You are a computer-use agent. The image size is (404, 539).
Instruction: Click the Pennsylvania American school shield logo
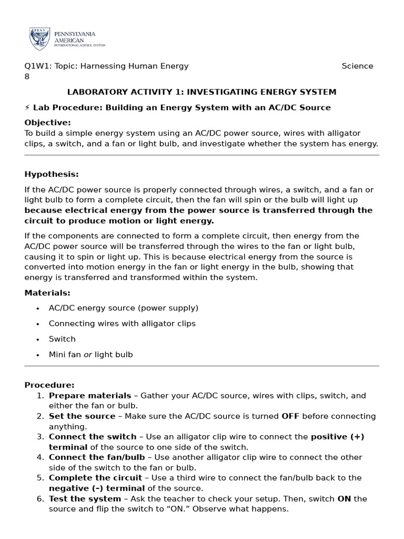point(40,39)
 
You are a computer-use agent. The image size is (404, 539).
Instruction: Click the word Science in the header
point(357,66)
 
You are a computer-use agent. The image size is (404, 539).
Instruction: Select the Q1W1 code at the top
point(36,66)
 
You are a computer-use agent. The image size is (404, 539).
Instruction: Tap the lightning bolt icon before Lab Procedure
point(27,107)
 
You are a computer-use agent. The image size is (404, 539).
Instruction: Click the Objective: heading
point(47,123)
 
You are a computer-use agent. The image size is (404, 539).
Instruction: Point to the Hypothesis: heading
point(52,174)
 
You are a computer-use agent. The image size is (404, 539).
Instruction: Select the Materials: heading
point(47,293)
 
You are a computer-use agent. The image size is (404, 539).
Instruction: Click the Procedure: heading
point(49,385)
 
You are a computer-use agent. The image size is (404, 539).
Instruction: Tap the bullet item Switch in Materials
point(62,339)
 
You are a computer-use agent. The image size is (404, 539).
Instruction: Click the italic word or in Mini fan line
point(88,355)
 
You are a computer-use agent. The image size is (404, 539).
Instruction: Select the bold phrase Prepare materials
point(90,395)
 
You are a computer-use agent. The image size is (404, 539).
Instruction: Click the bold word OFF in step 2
point(290,416)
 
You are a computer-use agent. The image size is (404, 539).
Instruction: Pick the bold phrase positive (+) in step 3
point(337,437)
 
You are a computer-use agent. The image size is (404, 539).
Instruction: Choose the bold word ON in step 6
point(344,498)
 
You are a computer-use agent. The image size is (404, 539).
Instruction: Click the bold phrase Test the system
point(85,498)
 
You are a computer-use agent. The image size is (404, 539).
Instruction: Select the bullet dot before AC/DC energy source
point(38,308)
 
